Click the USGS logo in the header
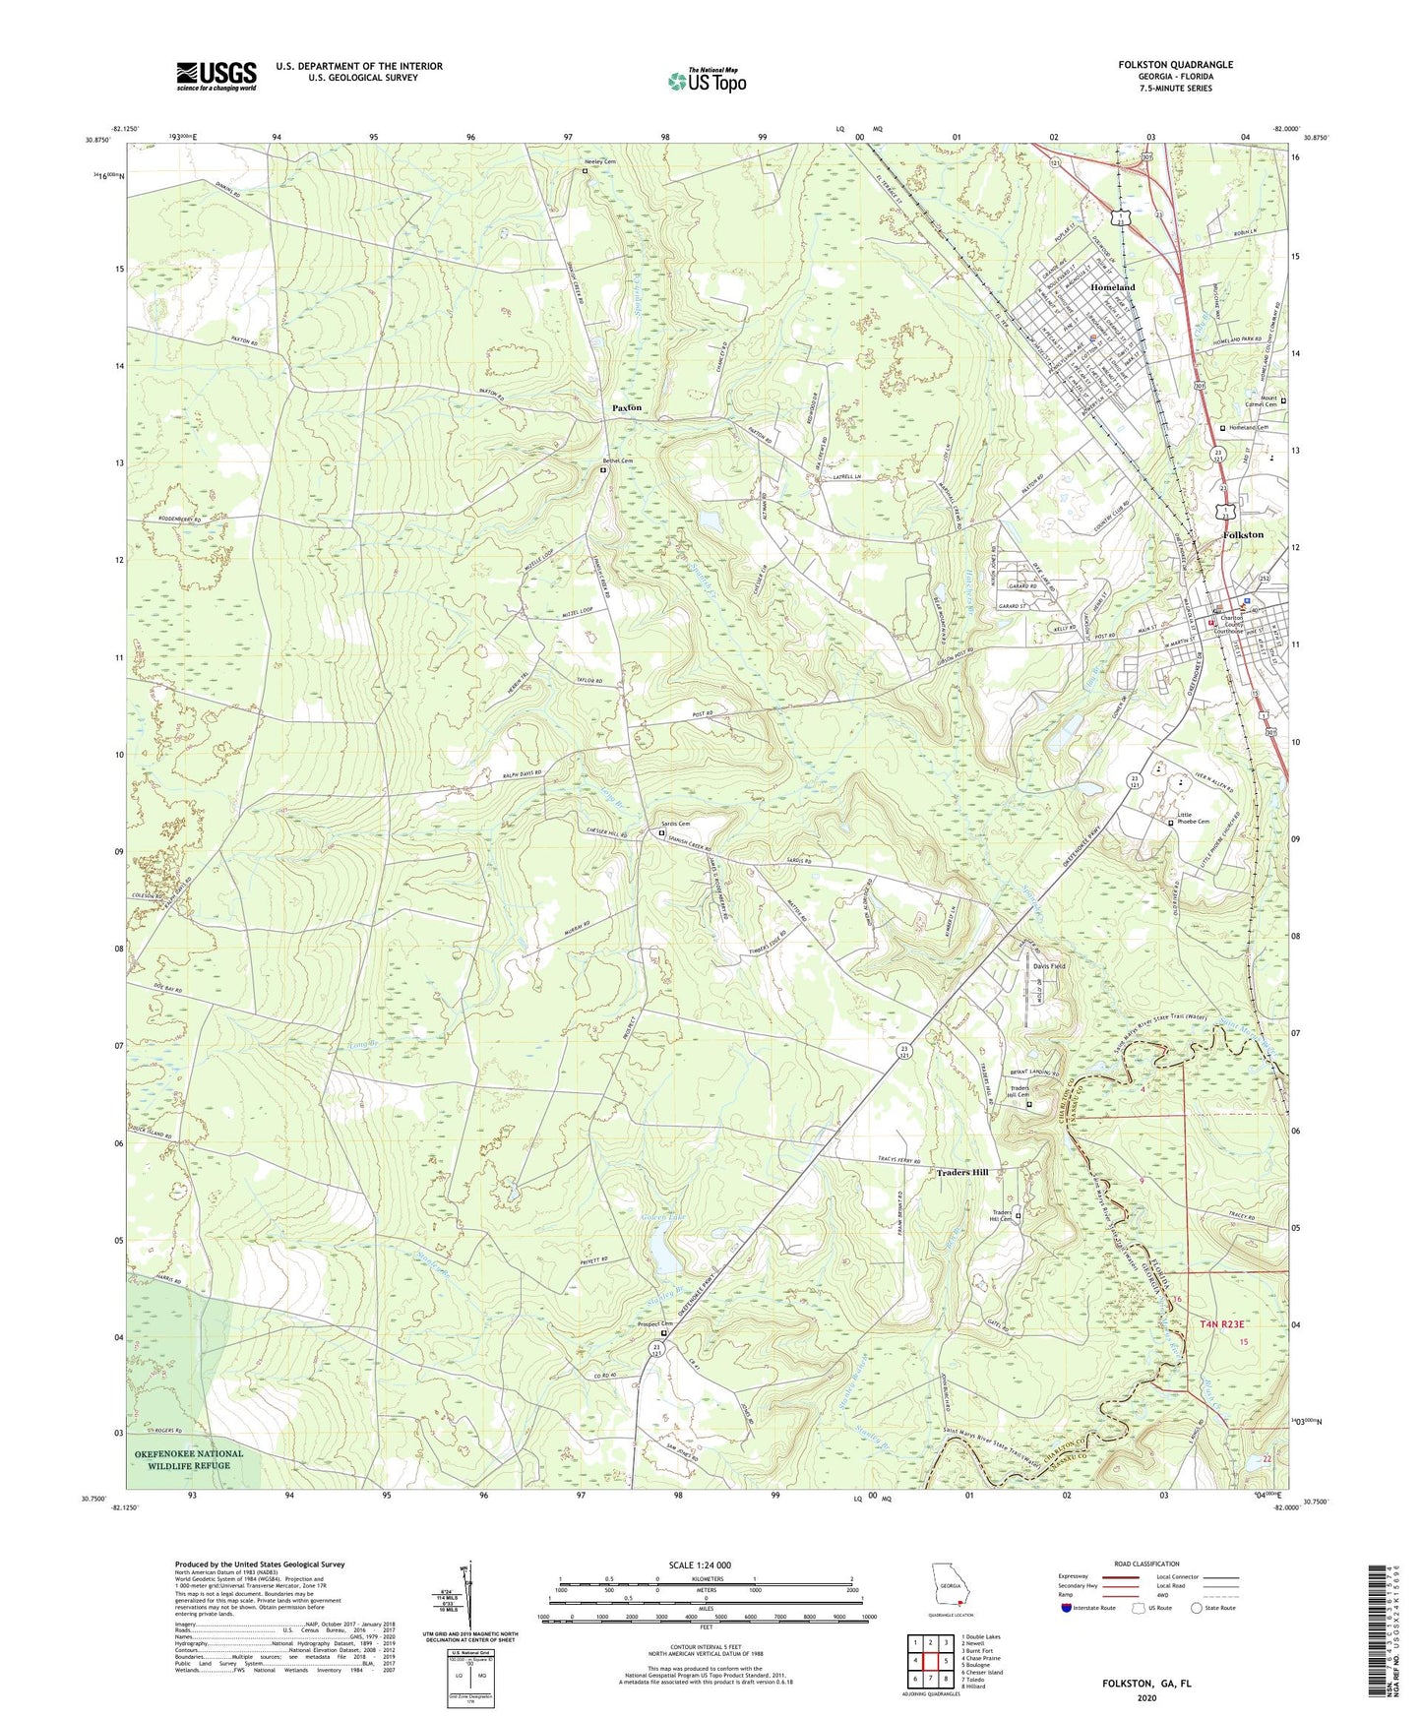(x=216, y=76)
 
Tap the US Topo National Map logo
(x=707, y=81)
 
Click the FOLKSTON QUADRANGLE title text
(x=1175, y=65)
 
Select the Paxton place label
(x=627, y=407)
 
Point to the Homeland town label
(x=1112, y=287)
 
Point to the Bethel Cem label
(x=618, y=460)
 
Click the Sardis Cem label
(x=675, y=824)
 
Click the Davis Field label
(x=1049, y=966)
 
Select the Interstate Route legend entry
(x=1089, y=1608)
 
